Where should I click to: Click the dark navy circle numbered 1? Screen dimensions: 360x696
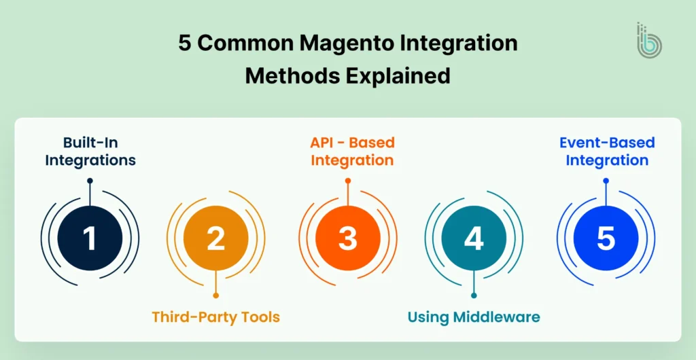click(90, 238)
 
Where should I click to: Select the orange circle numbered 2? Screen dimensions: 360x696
click(215, 238)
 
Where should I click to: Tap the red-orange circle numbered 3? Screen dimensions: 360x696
click(348, 238)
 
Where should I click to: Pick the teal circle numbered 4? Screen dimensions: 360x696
click(474, 238)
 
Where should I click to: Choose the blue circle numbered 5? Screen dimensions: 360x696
click(606, 238)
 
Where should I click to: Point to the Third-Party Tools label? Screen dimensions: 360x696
click(215, 317)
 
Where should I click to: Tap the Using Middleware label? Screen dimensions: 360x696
click(474, 317)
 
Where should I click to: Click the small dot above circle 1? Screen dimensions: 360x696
click(90, 181)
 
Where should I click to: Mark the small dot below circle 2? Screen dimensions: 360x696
click(215, 295)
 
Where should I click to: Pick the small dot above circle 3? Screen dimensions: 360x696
click(348, 181)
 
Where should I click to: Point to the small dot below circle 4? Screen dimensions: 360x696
click(474, 295)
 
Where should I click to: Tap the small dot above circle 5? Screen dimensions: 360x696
click(606, 181)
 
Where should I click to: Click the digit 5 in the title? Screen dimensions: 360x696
click(185, 43)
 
